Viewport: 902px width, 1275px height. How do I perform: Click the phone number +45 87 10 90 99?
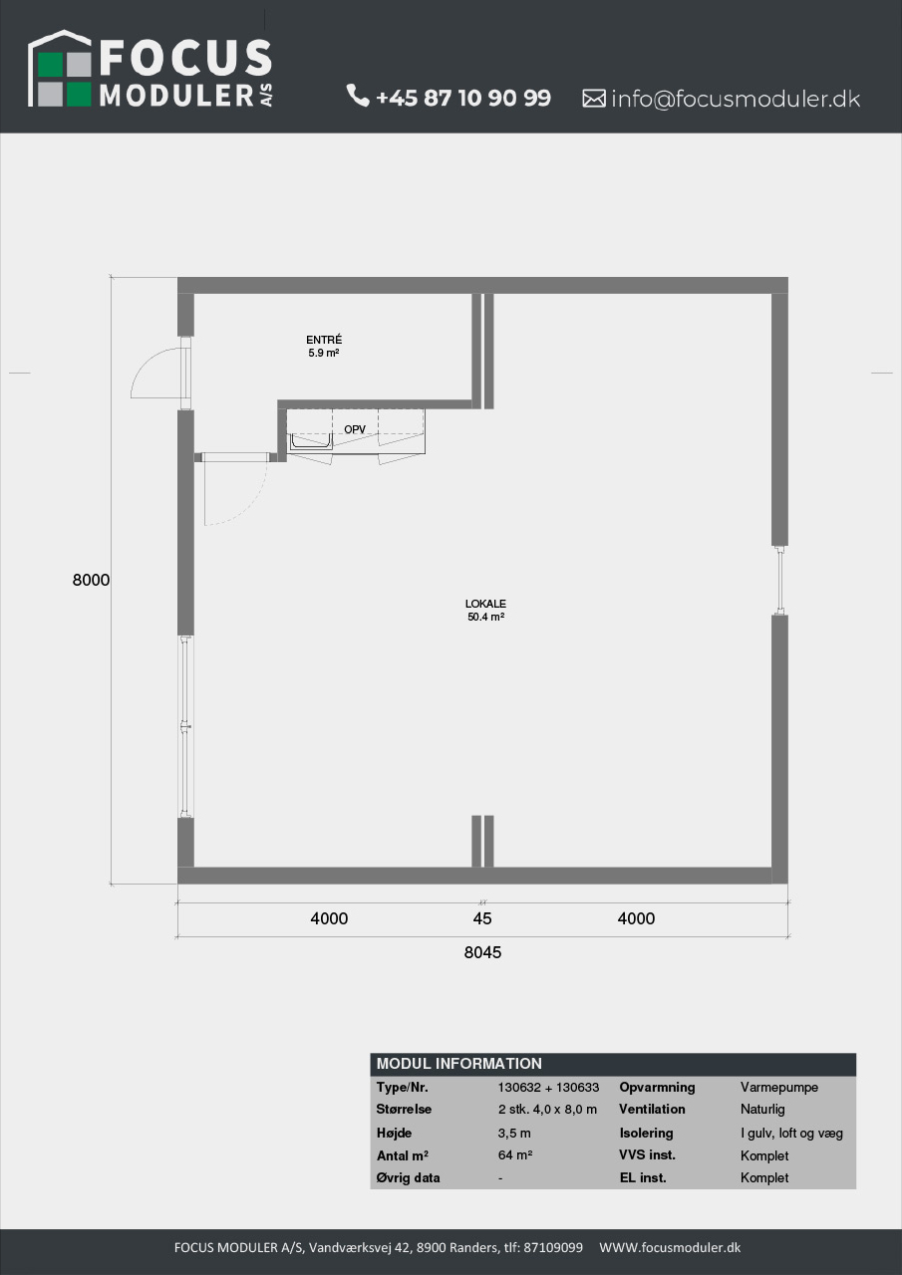(463, 98)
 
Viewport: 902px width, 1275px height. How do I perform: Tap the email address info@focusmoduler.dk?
(736, 99)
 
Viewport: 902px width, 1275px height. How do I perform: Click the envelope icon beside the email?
(593, 99)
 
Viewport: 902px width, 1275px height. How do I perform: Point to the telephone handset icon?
(358, 95)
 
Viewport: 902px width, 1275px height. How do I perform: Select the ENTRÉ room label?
(324, 340)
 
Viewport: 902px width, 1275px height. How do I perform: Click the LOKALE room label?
(485, 604)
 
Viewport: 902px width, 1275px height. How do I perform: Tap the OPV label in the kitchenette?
(355, 429)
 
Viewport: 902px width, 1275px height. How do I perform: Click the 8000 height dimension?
(91, 580)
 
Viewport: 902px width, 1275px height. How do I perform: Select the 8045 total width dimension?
(482, 952)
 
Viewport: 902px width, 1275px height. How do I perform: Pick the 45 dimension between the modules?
(482, 918)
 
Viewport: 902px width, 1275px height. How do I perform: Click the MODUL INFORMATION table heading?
(458, 1063)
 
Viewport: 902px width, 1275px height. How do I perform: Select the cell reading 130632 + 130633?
(548, 1087)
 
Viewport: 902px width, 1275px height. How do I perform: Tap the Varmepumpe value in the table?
(779, 1087)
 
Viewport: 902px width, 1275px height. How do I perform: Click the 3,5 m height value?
(514, 1133)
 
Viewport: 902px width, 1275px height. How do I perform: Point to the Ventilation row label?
(652, 1109)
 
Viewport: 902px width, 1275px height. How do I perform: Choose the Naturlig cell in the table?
(762, 1110)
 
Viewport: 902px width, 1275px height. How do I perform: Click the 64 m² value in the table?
(515, 1154)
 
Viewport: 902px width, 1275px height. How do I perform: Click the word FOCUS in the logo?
(185, 58)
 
